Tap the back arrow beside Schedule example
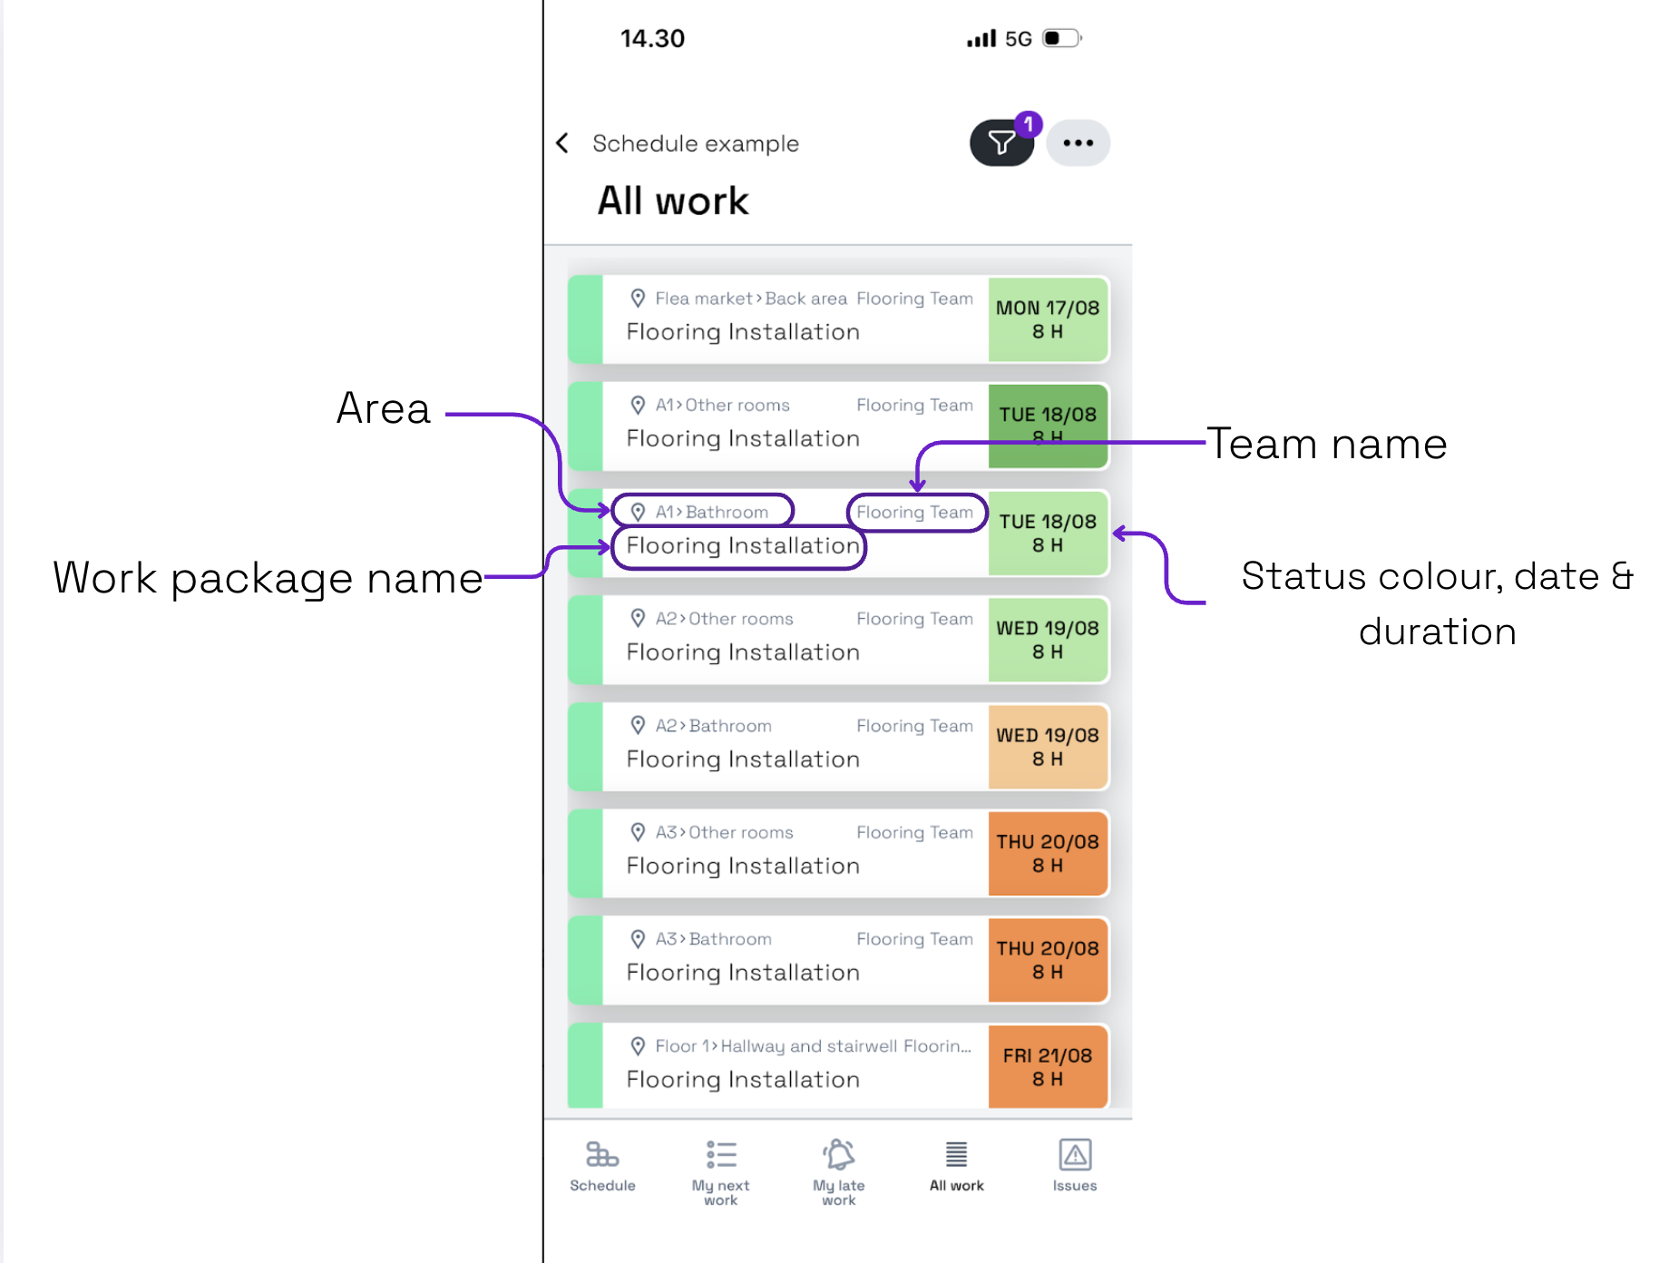[562, 143]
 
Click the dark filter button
[1001, 143]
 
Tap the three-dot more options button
[1079, 143]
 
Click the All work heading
[673, 201]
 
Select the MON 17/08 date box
[1048, 319]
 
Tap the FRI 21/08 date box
[1048, 1067]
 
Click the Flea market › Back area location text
[751, 299]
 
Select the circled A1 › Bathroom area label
[703, 512]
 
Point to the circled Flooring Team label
[915, 512]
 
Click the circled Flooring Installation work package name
[739, 546]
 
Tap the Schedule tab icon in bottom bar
[602, 1155]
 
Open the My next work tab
[721, 1170]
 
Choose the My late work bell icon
[839, 1154]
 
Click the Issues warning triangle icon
[1075, 1155]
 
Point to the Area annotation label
[383, 408]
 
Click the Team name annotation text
[1326, 444]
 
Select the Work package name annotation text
[268, 578]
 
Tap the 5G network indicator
[1019, 39]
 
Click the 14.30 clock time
[652, 38]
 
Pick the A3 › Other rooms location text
[724, 832]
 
